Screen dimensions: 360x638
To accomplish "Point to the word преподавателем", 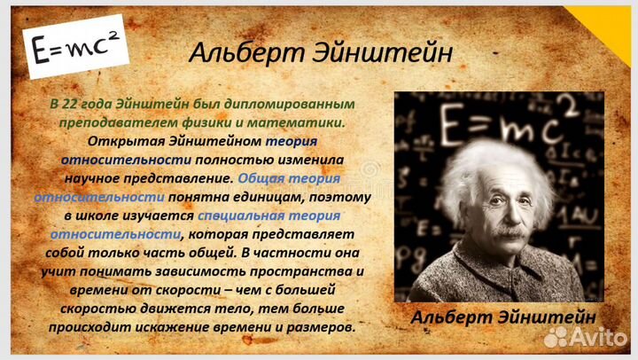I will tap(105, 121).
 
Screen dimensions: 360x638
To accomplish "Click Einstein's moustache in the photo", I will tap(509, 233).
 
